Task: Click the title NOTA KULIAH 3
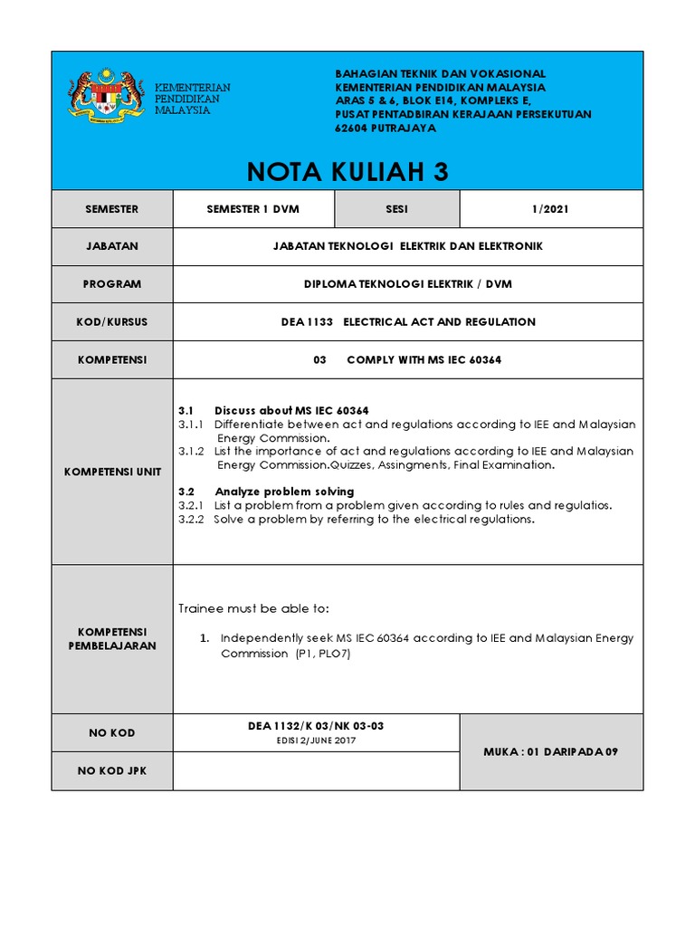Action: pos(347,172)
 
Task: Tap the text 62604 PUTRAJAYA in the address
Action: pos(386,129)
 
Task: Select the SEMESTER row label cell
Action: pos(112,209)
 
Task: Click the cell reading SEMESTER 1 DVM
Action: pos(253,209)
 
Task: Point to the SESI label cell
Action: pos(396,209)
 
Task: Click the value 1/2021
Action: pos(551,209)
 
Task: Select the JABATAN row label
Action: pos(112,246)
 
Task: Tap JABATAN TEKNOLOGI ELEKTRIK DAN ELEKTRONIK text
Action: pos(407,246)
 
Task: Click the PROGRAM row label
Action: pos(112,284)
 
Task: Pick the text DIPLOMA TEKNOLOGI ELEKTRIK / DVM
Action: pos(407,284)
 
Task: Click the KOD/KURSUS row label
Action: pos(112,322)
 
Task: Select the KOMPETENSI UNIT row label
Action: pos(112,472)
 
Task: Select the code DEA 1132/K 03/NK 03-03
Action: pos(316,726)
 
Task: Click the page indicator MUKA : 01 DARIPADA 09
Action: pos(551,752)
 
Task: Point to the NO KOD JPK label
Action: pos(112,770)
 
